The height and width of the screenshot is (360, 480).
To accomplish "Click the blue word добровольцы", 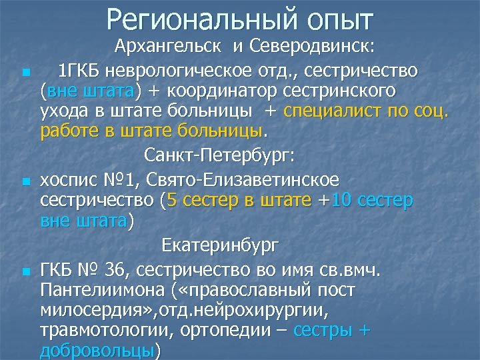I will pos(97,352).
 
